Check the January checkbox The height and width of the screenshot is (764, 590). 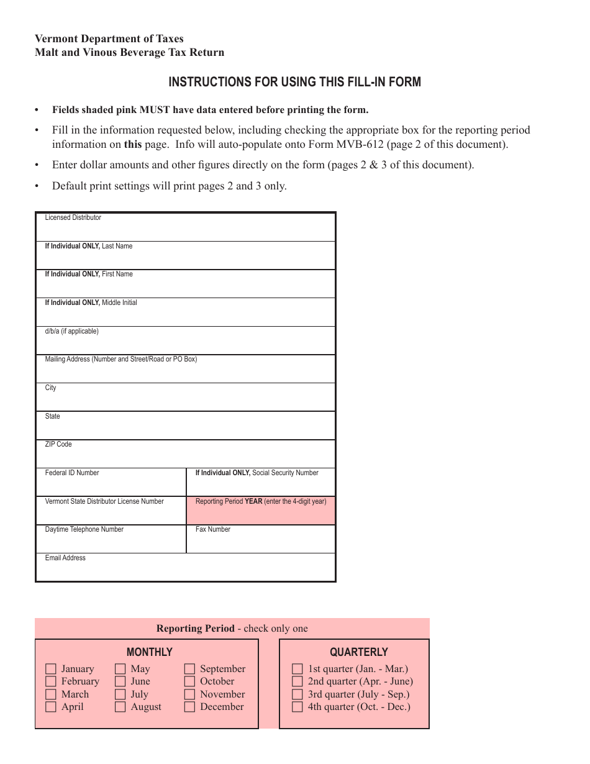(51, 669)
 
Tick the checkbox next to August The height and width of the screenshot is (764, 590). (120, 707)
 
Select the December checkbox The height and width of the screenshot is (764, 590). (190, 707)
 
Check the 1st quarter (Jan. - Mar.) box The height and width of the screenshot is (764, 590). (297, 669)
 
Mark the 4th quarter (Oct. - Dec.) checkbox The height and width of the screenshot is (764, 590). (297, 707)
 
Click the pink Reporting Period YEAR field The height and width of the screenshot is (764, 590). (261, 514)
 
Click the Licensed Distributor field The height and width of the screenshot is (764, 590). (186, 230)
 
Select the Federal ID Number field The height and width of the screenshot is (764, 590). (111, 485)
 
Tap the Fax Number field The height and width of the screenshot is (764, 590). (261, 542)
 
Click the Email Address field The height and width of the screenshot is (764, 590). (186, 570)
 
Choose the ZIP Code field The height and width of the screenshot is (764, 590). (186, 457)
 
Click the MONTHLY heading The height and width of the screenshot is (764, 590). (149, 652)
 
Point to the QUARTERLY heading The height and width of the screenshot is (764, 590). (358, 652)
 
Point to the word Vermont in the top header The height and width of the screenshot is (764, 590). (55, 39)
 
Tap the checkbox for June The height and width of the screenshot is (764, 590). (120, 681)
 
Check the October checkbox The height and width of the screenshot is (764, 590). (190, 681)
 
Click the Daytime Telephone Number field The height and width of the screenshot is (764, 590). (111, 542)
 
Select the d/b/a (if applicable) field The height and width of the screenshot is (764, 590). (186, 343)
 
